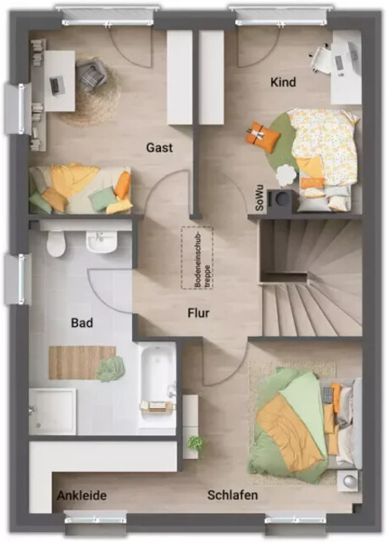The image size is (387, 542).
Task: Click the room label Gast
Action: point(159,147)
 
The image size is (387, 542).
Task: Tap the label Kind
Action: point(283,82)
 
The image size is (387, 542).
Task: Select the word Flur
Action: point(198,312)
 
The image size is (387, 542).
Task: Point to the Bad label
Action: point(82,323)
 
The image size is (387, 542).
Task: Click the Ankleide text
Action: point(81,495)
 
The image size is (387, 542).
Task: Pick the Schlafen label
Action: point(233,495)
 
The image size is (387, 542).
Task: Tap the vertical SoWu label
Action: point(259,198)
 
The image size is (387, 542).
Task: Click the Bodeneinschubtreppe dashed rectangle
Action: point(197,257)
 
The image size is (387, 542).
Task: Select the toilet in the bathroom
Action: point(55,244)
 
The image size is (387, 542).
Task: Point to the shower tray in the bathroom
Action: point(53,412)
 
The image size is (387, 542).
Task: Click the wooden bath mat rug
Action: point(82,362)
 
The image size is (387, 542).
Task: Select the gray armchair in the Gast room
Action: point(91,75)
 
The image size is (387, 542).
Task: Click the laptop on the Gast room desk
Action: point(55,86)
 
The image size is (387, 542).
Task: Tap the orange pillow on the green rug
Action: point(263,136)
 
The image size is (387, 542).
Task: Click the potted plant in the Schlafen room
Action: point(196,442)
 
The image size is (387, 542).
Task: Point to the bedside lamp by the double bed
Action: point(348,481)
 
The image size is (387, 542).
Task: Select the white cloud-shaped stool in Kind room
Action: point(286,175)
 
